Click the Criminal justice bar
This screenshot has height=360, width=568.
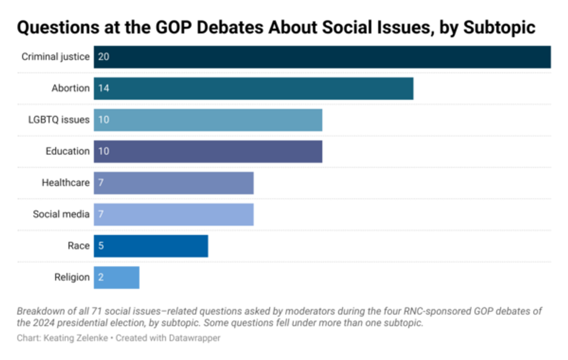pyautogui.click(x=322, y=57)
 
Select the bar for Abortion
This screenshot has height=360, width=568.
pyautogui.click(x=253, y=88)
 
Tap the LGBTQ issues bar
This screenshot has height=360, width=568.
pyautogui.click(x=207, y=119)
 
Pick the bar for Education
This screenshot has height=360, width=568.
pyautogui.click(x=207, y=151)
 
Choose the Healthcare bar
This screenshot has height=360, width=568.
pyautogui.click(x=173, y=183)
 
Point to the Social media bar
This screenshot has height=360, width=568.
pyautogui.click(x=173, y=214)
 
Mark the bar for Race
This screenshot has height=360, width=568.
pyautogui.click(x=151, y=246)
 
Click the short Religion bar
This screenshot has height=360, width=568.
pyautogui.click(x=116, y=277)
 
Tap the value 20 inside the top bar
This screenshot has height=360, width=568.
pyautogui.click(x=104, y=57)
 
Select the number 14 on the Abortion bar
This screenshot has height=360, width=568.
pyautogui.click(x=104, y=88)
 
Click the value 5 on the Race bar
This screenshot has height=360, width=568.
pyautogui.click(x=101, y=246)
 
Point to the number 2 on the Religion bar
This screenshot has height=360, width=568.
pyautogui.click(x=101, y=277)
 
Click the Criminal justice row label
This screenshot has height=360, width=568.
pyautogui.click(x=56, y=57)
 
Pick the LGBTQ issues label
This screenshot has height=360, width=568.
pyautogui.click(x=59, y=119)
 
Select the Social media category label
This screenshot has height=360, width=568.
pyautogui.click(x=61, y=214)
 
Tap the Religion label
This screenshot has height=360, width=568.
pyautogui.click(x=72, y=277)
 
